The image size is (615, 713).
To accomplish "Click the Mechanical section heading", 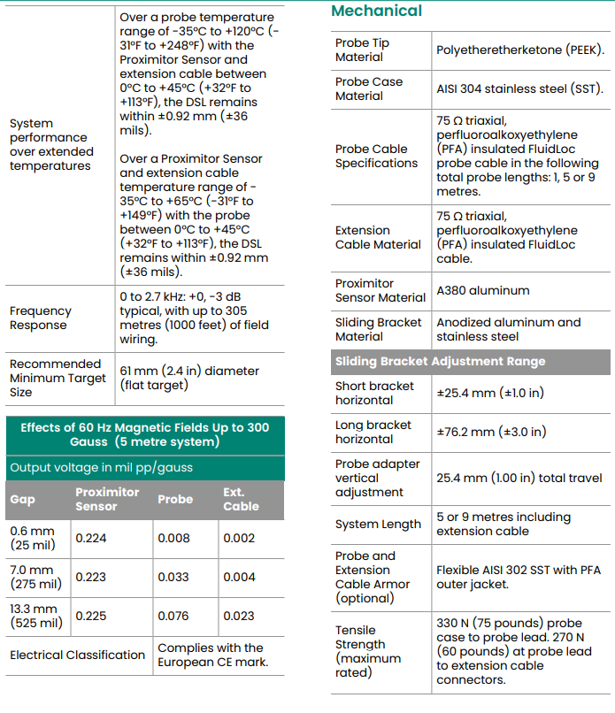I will click(x=376, y=11).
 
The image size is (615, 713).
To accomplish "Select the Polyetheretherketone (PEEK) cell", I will click(x=520, y=50).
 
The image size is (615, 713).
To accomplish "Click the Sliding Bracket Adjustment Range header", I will click(x=440, y=362).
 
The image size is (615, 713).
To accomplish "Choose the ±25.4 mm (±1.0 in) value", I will click(x=490, y=394).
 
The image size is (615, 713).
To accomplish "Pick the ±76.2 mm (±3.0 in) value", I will click(x=491, y=433).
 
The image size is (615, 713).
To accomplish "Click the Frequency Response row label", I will click(x=40, y=318).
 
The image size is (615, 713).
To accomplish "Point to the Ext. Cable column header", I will click(x=241, y=500).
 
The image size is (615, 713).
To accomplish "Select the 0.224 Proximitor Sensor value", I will click(x=90, y=539).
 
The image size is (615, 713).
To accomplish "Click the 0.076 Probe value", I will click(x=173, y=617).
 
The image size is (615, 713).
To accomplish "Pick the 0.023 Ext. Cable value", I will click(x=239, y=617).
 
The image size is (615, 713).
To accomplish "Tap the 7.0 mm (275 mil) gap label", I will click(x=35, y=578).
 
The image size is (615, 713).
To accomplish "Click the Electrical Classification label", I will click(x=77, y=655).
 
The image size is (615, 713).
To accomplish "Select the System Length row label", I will click(x=378, y=525).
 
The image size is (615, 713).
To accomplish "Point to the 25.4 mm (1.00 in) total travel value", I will click(x=519, y=479).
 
